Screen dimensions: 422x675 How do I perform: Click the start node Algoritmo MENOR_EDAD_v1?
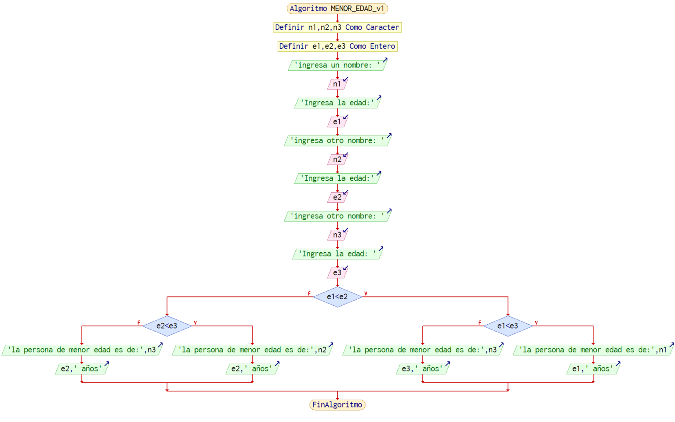coord(337,8)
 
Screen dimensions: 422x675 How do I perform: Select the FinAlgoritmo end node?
coord(337,404)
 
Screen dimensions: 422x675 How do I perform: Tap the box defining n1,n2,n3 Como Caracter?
coord(337,27)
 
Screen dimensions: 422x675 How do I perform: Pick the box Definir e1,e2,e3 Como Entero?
coord(337,46)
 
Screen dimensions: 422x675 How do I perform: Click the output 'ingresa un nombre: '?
coord(337,65)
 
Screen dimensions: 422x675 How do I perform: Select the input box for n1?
coord(337,84)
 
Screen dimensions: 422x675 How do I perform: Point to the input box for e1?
coord(337,122)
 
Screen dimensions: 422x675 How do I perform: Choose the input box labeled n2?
coord(337,159)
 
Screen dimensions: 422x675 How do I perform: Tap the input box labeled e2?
coord(337,197)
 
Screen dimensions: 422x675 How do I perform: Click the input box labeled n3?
coord(337,235)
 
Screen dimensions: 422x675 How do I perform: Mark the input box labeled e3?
coord(337,272)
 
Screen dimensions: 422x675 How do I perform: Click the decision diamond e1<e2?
coord(337,297)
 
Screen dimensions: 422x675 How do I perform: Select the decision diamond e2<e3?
coord(167,326)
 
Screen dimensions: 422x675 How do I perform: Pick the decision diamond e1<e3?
coord(508,326)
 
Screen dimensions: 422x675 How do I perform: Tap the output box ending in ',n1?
coord(593,350)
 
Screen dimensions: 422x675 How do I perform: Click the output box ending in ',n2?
coord(252,350)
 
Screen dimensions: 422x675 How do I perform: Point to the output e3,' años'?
coord(422,368)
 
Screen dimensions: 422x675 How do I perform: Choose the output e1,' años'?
coord(593,368)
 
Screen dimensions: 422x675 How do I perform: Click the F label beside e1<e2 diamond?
coord(309,293)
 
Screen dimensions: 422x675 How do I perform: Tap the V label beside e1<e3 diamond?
coord(536,322)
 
